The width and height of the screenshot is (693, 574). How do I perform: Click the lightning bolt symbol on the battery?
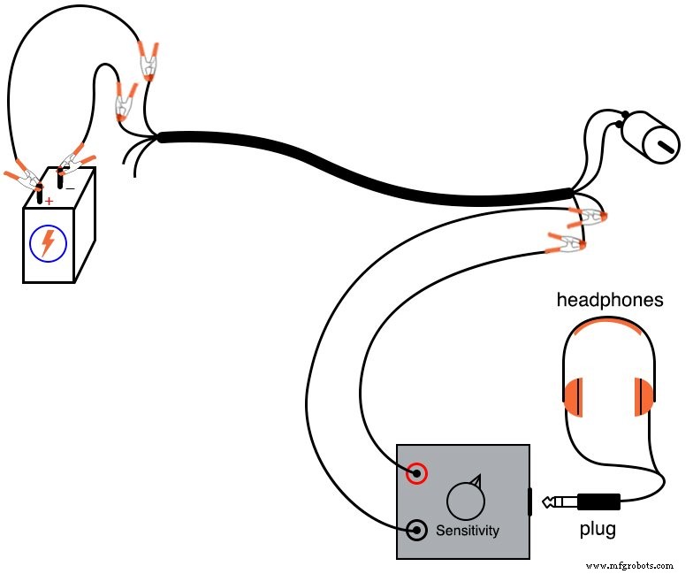click(x=48, y=242)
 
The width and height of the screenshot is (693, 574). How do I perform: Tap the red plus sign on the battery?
click(x=49, y=202)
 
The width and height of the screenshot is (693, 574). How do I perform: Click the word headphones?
click(x=609, y=300)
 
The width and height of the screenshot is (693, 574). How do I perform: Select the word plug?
click(x=598, y=530)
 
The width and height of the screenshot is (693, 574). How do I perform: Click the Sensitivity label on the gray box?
click(x=468, y=531)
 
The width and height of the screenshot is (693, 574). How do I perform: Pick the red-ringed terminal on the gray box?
click(x=416, y=473)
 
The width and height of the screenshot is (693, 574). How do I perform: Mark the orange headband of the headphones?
click(x=608, y=329)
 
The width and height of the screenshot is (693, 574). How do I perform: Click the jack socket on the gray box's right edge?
click(x=530, y=501)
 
